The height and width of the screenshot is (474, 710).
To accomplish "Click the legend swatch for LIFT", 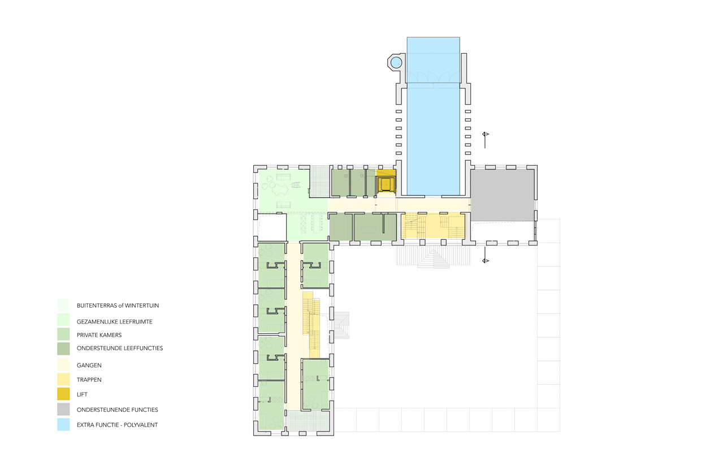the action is point(63,394).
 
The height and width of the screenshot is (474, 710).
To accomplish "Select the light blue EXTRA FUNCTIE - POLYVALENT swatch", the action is point(63,425).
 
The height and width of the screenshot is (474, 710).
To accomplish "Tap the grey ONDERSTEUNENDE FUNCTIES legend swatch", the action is point(63,410).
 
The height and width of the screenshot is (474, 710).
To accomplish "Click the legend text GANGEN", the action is point(89,365).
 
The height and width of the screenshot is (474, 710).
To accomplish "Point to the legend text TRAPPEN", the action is point(89,380).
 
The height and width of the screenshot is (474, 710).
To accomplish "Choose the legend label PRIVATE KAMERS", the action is point(99,335).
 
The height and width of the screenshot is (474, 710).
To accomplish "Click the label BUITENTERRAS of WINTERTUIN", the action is point(118,305).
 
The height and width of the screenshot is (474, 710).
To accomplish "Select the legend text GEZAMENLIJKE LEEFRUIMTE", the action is point(114,322).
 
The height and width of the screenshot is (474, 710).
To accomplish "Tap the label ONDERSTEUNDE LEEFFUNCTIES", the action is point(120,348).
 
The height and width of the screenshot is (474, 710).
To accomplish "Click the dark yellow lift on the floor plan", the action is point(386,183).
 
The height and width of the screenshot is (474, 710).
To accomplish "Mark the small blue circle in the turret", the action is point(396,63).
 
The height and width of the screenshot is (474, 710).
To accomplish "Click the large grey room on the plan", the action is point(503,195).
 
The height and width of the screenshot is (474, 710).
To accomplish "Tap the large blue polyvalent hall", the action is point(433,116).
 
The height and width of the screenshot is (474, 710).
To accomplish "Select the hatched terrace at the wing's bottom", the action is point(307,420).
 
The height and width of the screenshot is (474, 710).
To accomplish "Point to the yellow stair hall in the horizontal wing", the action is point(433,226).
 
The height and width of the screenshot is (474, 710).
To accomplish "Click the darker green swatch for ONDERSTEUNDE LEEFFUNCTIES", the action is point(63,348).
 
